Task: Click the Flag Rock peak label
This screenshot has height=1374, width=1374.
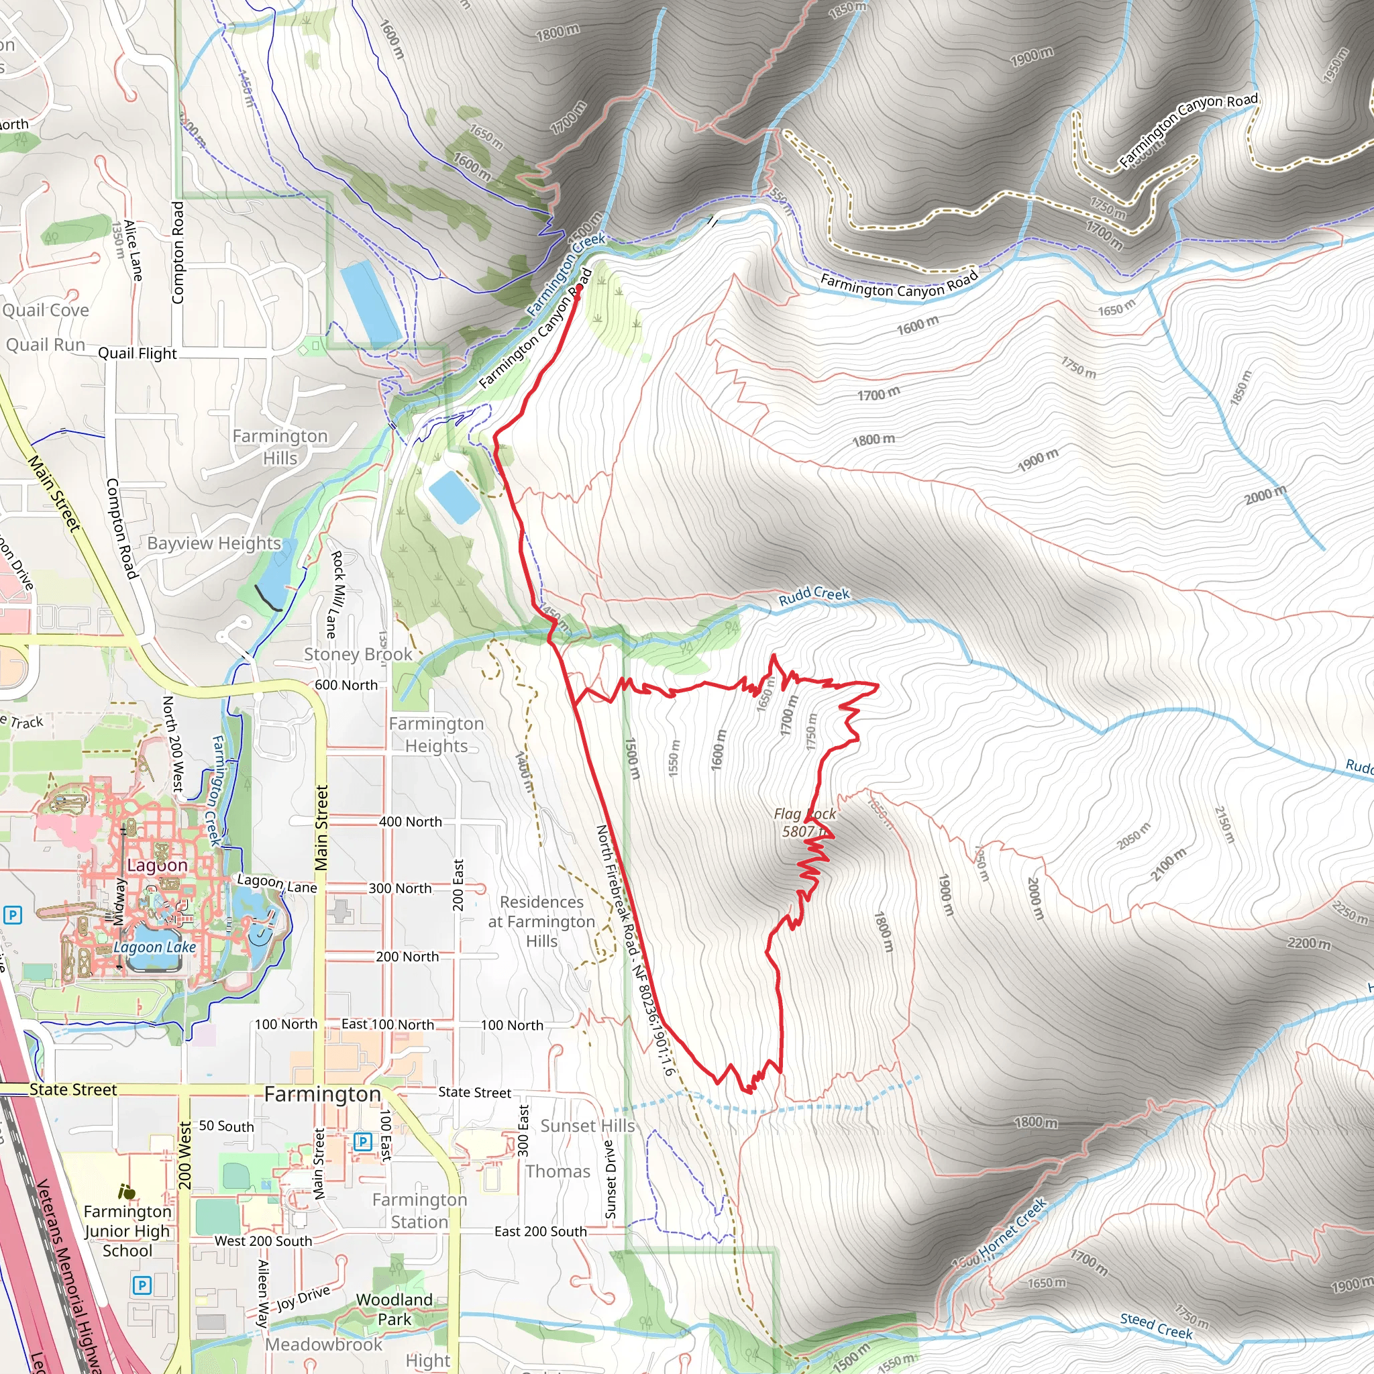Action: (804, 822)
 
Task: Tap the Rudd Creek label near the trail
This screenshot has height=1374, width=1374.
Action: (814, 595)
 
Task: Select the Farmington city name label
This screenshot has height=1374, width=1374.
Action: (322, 1094)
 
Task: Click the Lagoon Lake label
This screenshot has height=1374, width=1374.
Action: (154, 947)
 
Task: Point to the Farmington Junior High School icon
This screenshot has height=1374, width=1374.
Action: (127, 1192)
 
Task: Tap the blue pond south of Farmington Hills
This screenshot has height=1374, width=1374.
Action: (454, 496)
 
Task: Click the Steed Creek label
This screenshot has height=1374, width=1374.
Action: (1156, 1326)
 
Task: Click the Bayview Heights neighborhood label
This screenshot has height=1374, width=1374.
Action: (214, 543)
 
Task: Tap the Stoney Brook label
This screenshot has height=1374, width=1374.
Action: (358, 654)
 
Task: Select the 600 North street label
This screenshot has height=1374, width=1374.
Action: (346, 685)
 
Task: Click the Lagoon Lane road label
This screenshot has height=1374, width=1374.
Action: (276, 884)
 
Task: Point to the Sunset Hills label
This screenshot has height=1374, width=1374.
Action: (588, 1126)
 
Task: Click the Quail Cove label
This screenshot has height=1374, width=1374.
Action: (46, 310)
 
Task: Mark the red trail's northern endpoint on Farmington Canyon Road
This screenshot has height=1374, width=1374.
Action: (580, 288)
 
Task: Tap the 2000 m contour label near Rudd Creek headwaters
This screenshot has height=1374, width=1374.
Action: (1265, 494)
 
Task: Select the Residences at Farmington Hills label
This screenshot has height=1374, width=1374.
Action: (541, 921)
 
